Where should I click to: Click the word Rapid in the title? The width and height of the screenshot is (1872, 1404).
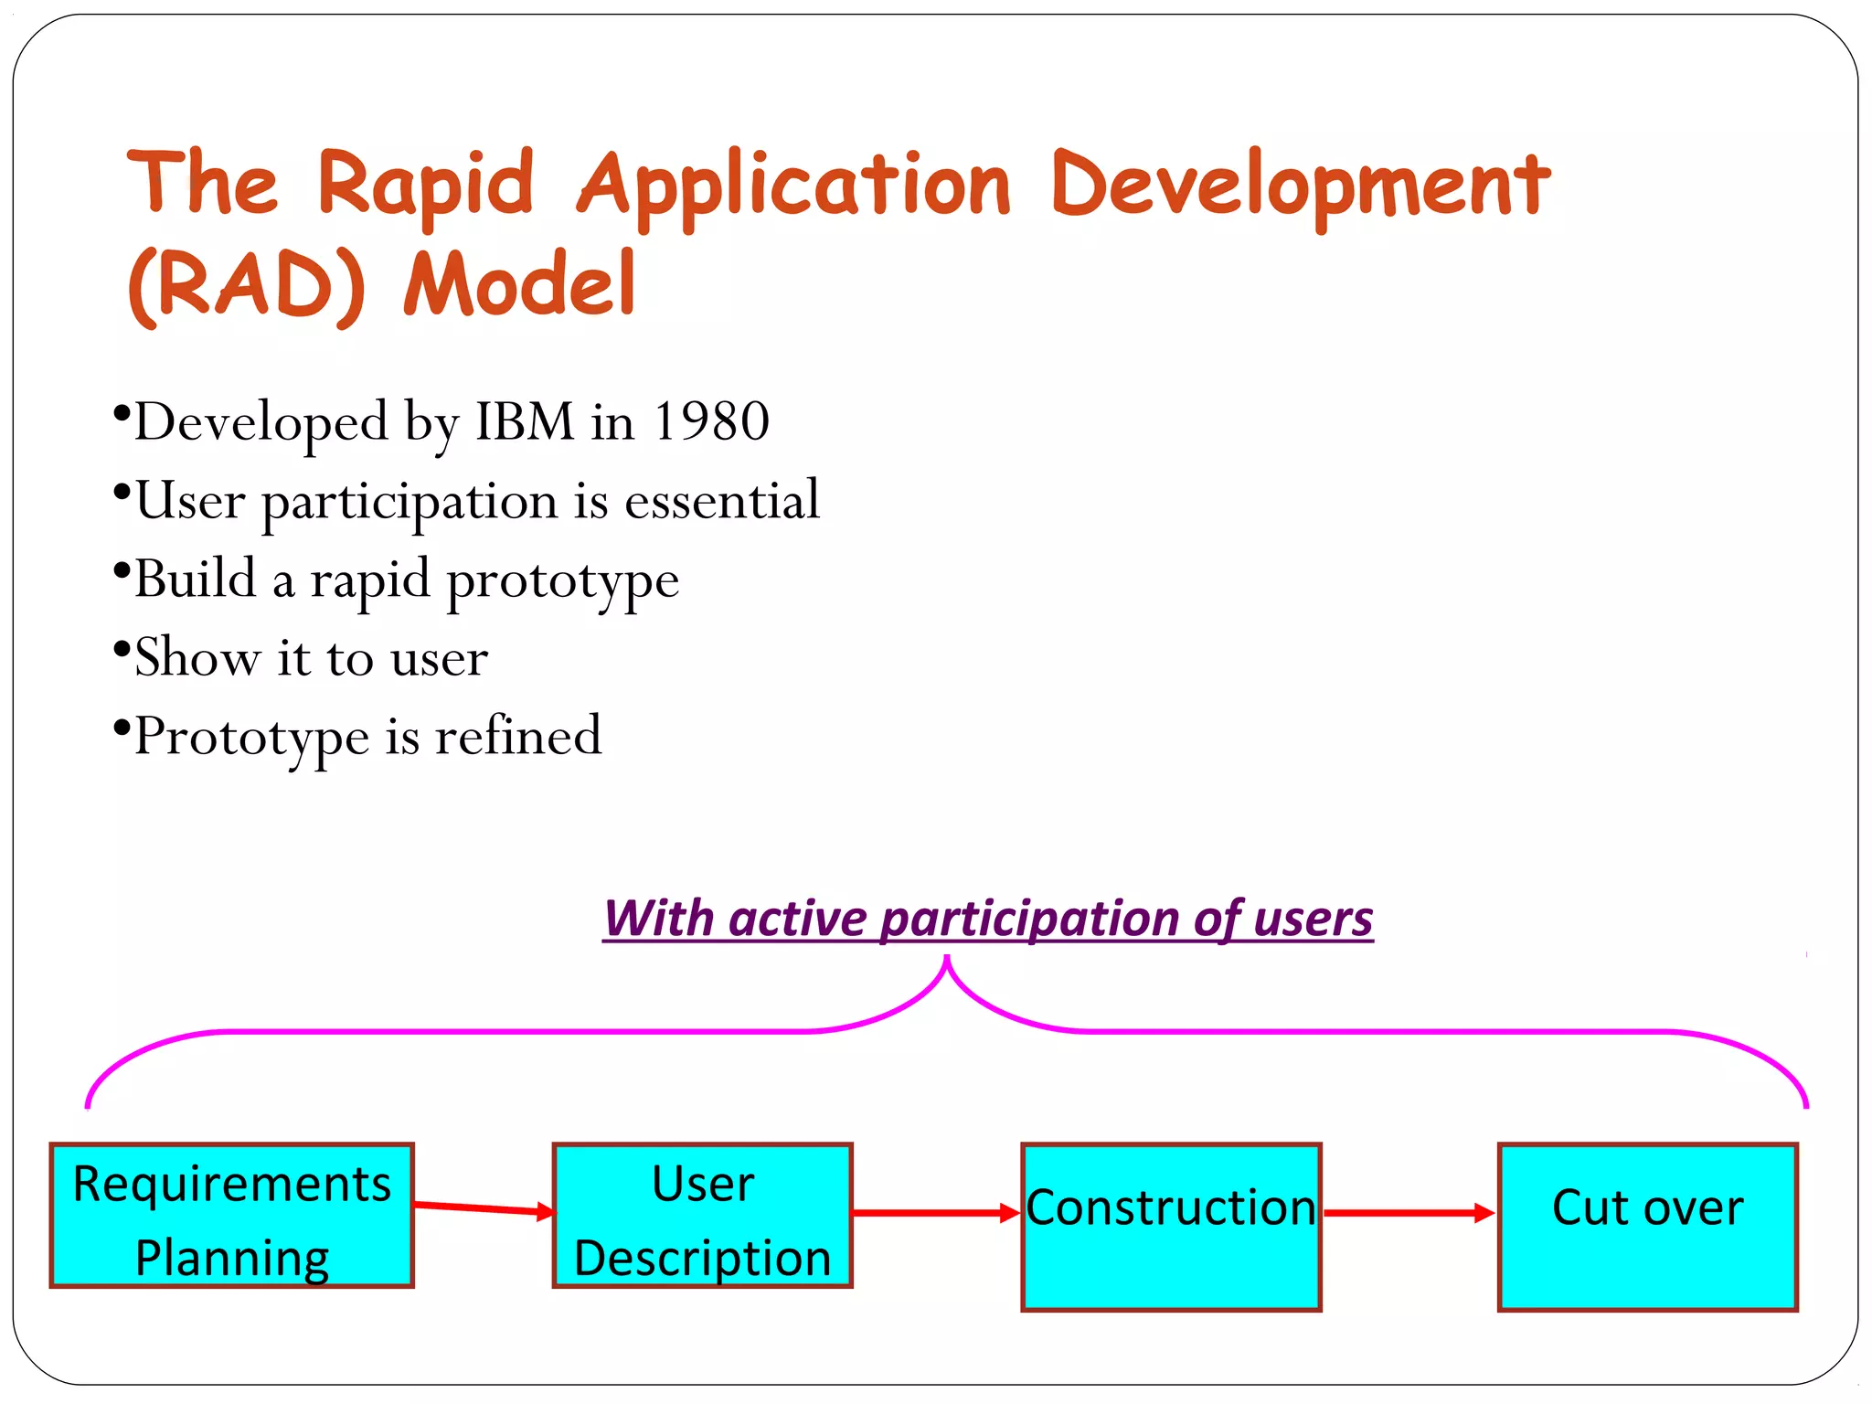click(425, 186)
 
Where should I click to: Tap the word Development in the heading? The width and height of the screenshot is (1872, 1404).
click(1300, 186)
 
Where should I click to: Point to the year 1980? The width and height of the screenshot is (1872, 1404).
click(711, 422)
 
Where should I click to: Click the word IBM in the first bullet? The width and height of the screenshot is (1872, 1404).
click(525, 422)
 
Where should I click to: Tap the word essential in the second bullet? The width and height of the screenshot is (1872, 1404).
click(722, 501)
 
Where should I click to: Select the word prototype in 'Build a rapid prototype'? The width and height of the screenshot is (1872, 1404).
click(562, 581)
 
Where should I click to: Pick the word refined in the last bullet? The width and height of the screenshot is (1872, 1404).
click(518, 737)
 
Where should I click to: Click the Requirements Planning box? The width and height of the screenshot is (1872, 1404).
click(232, 1216)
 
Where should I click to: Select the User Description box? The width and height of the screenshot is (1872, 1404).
click(702, 1216)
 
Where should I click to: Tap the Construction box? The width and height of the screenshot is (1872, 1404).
click(1171, 1227)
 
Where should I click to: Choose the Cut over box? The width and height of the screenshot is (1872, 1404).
click(1647, 1227)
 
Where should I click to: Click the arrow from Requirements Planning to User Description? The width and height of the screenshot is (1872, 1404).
click(483, 1209)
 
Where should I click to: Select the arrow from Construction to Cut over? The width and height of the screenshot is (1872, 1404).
click(1409, 1213)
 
